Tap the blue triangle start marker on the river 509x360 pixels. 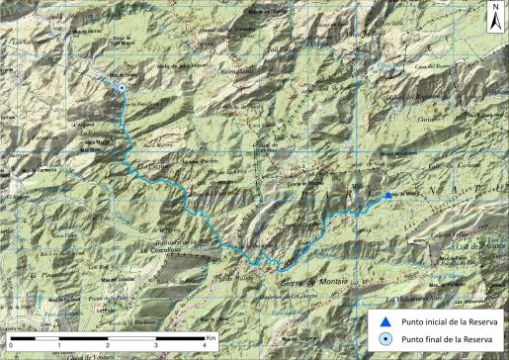pos(388,196)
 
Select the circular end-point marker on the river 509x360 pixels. pos(122,89)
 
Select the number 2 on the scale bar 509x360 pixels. pos(107,345)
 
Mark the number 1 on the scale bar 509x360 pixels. pos(59,345)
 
